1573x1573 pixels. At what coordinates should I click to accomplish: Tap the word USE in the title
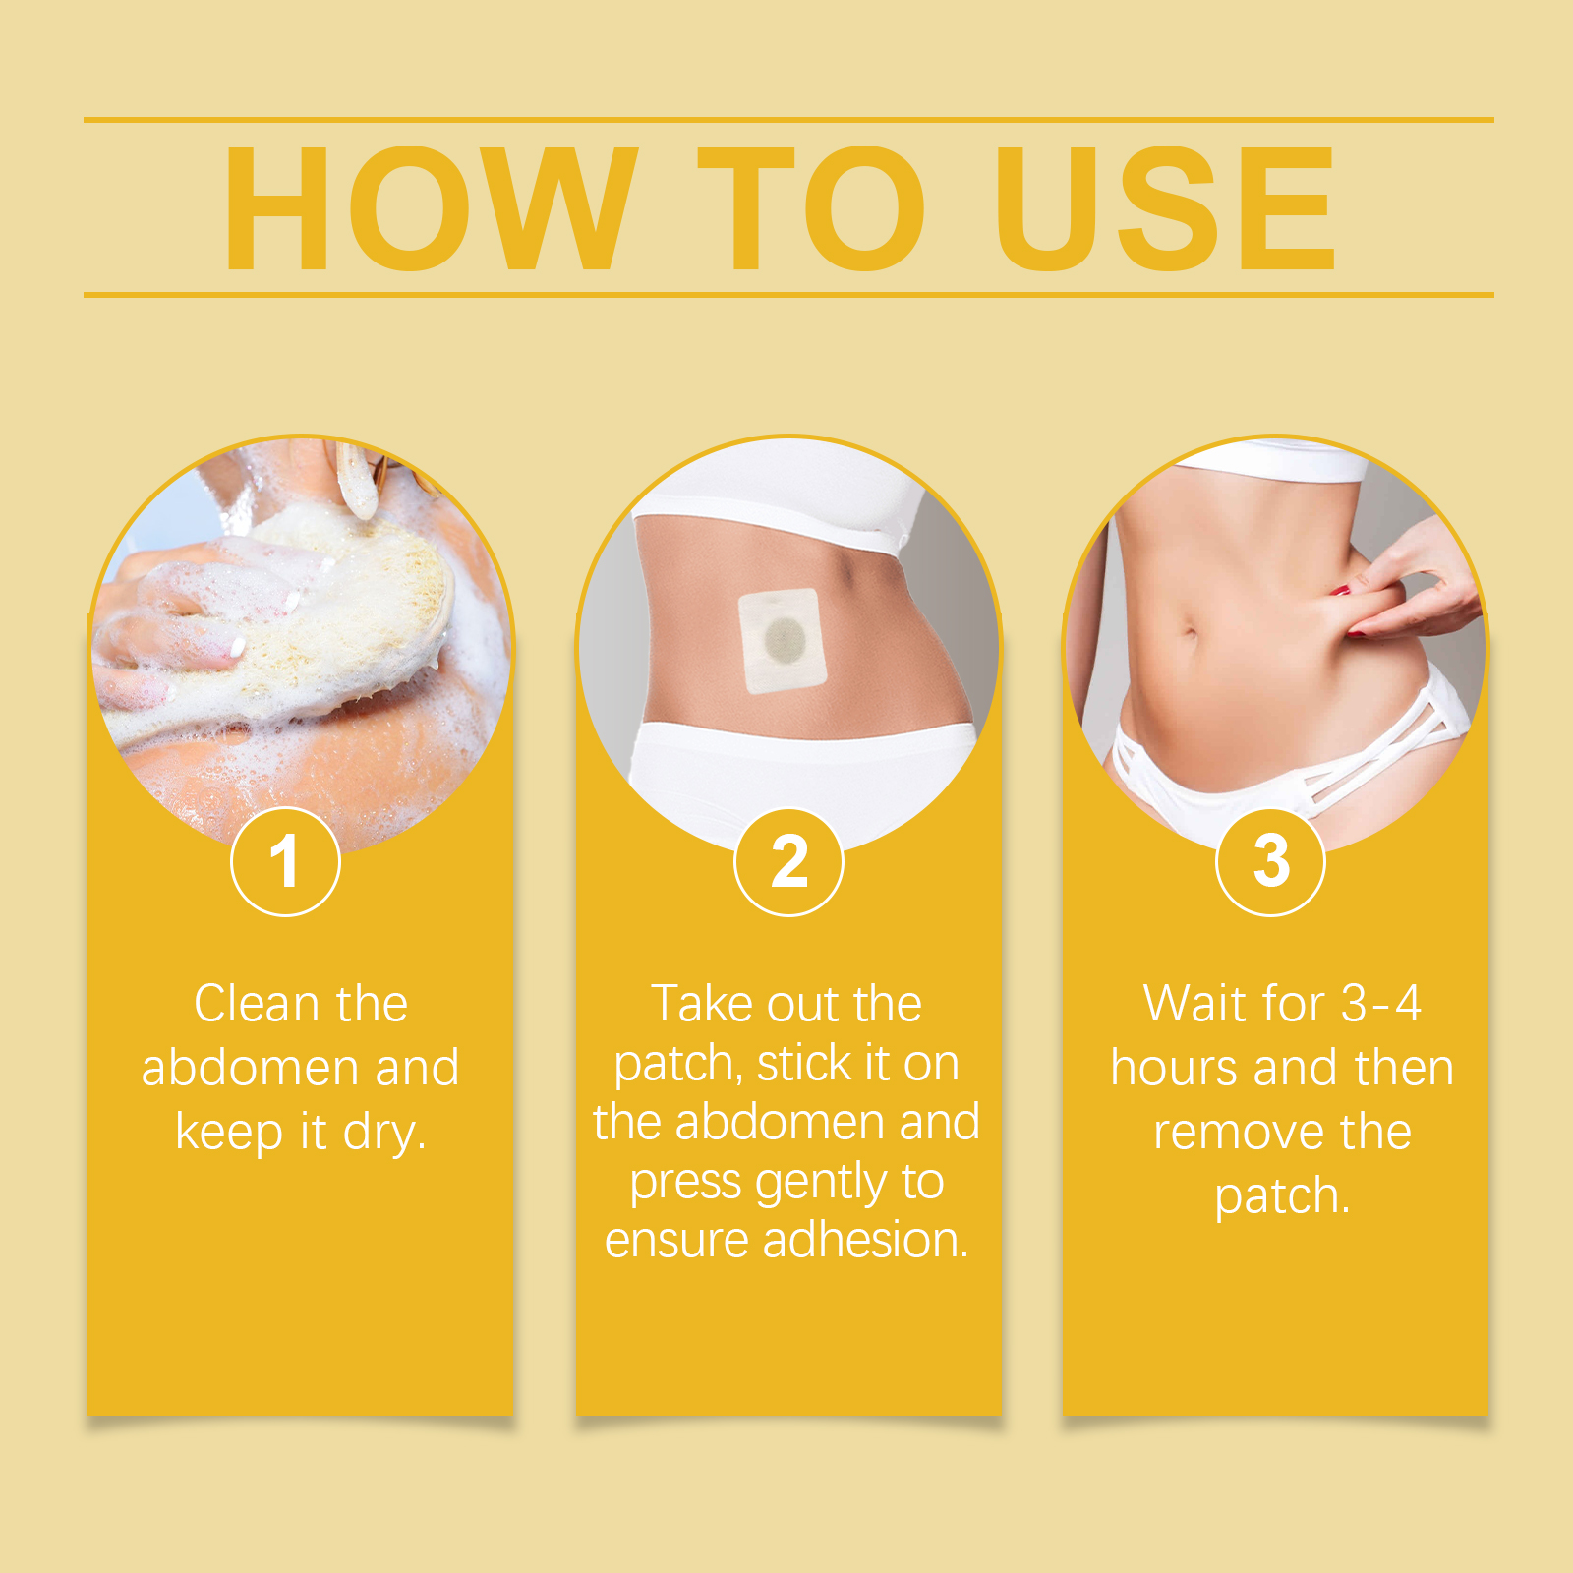coord(1165,207)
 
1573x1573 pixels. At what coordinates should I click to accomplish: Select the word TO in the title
coord(812,207)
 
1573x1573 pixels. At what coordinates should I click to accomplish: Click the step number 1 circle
coord(285,861)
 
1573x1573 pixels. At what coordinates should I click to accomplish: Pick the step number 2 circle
coord(788,861)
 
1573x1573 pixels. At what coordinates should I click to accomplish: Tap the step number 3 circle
coord(1270,861)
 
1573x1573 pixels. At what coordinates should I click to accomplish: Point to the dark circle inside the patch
coord(785,641)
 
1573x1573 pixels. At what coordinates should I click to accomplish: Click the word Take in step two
coord(703,1004)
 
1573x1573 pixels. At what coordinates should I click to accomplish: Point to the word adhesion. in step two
coord(866,1240)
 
